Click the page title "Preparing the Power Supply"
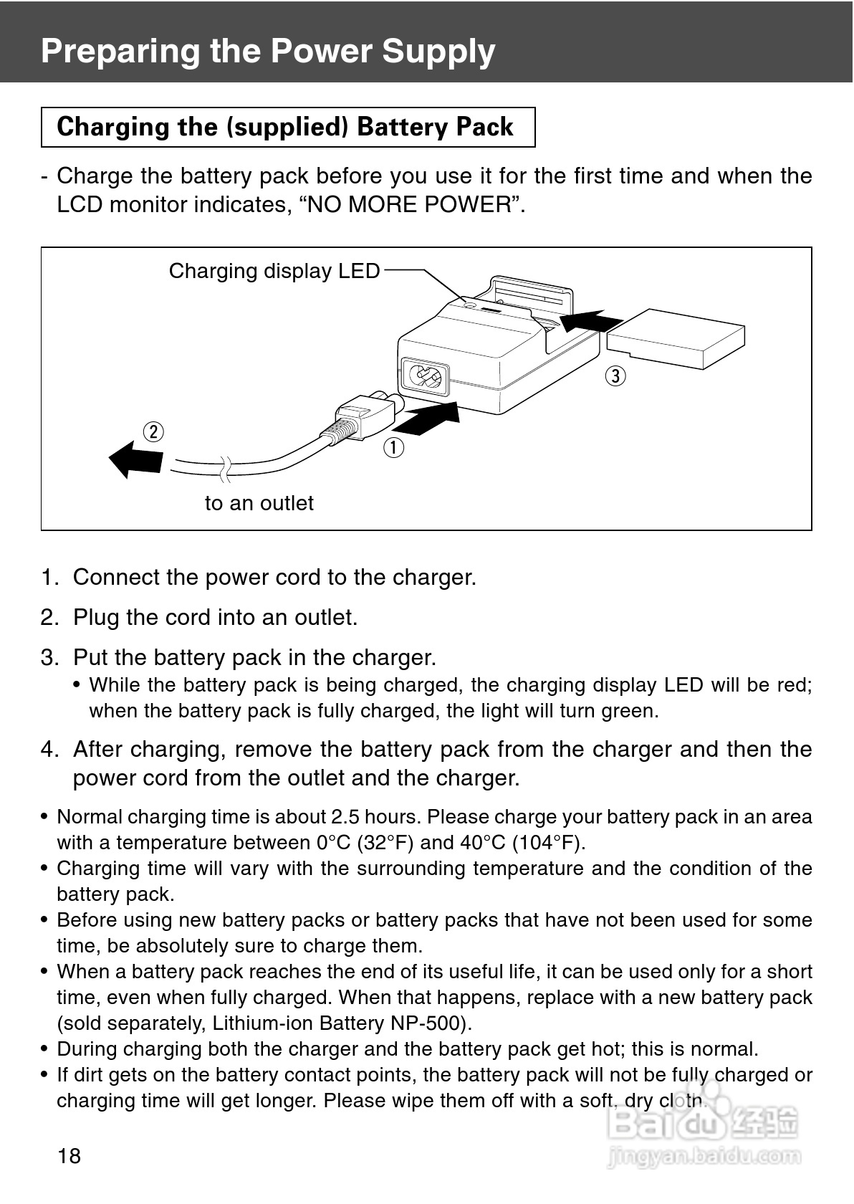click(x=268, y=51)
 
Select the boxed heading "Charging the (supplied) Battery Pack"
click(x=285, y=127)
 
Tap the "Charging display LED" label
click(x=274, y=271)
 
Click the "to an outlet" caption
click(x=259, y=503)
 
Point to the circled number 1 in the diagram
click(x=393, y=447)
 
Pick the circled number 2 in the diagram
click(x=153, y=432)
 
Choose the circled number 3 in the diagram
click(x=615, y=376)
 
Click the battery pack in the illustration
click(x=676, y=338)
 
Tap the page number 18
click(x=69, y=1155)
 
